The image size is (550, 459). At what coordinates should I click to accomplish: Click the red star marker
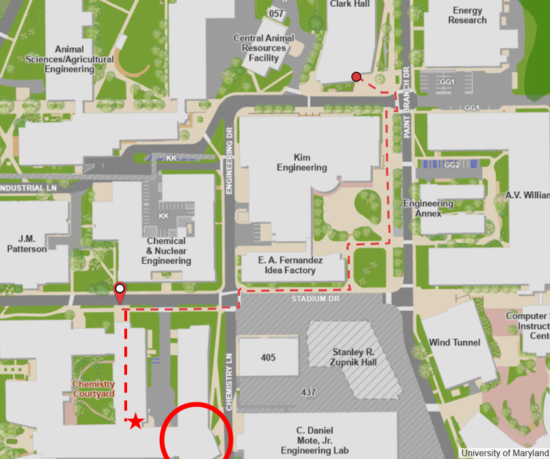tap(136, 421)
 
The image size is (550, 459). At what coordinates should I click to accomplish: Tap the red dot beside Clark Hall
tap(356, 76)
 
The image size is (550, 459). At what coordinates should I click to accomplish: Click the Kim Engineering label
tap(301, 163)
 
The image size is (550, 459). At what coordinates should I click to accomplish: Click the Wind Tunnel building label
tap(454, 342)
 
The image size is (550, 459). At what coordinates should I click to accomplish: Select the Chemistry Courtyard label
tap(93, 389)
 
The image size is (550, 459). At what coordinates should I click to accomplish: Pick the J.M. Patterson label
tap(27, 244)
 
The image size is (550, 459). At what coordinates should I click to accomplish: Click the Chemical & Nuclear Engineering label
tap(166, 251)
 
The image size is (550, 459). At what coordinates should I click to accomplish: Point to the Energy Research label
tap(467, 15)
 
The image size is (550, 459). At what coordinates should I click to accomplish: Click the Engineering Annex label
tap(428, 208)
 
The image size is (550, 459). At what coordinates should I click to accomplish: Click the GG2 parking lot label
tap(452, 165)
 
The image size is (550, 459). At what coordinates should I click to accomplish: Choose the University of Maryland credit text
tap(504, 453)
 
